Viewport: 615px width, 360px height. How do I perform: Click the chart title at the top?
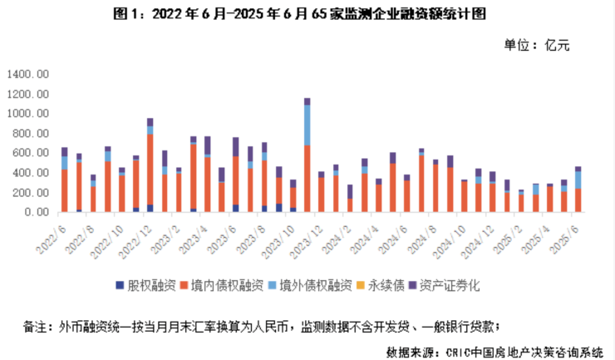click(308, 14)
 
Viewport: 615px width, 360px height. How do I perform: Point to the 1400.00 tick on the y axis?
click(29, 74)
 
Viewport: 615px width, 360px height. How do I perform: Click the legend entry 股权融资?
click(147, 285)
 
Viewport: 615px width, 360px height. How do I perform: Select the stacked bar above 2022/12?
click(150, 166)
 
